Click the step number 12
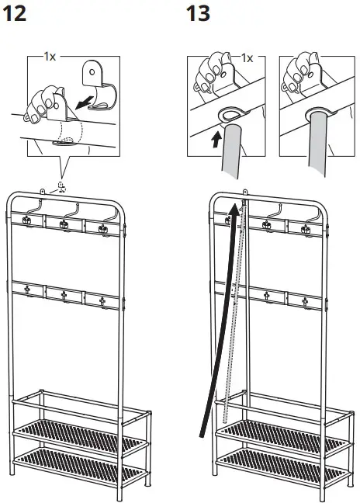[17, 13]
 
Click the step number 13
[199, 13]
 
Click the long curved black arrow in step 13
[213, 326]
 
